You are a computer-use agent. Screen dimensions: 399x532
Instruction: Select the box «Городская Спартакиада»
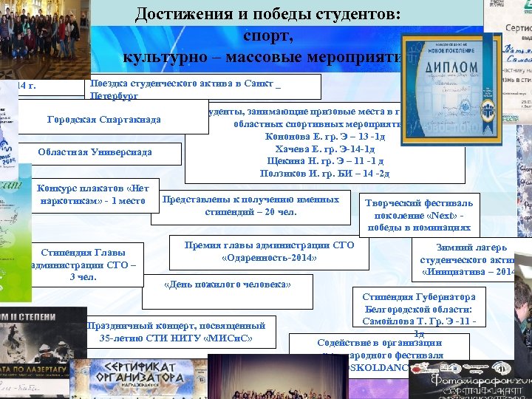click(x=103, y=120)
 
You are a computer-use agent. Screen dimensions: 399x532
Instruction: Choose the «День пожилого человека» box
click(x=228, y=284)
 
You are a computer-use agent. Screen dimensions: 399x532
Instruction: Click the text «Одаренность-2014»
click(x=269, y=258)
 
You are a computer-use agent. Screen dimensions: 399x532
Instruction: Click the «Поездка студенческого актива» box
click(x=185, y=87)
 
